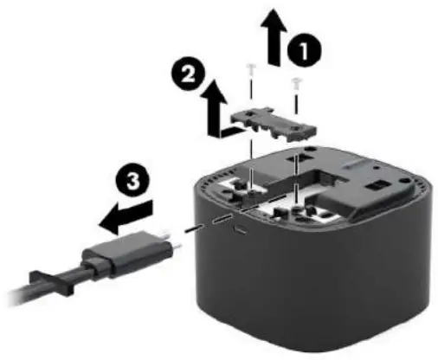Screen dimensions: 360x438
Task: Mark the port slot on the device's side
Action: [x=241, y=233]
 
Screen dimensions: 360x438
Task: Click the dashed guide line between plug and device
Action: [x=203, y=225]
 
